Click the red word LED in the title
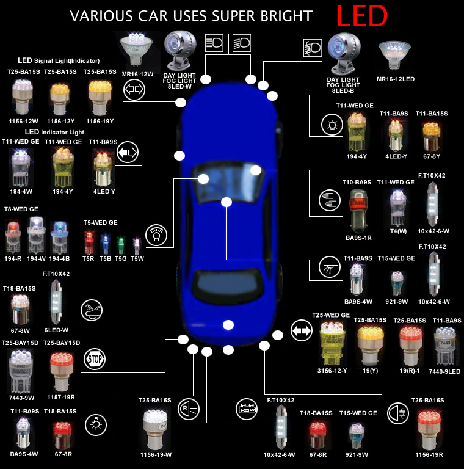coord(362,15)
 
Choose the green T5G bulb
coord(121,244)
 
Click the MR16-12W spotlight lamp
coord(137,49)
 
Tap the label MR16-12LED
coord(396,79)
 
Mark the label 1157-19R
coord(61,397)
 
